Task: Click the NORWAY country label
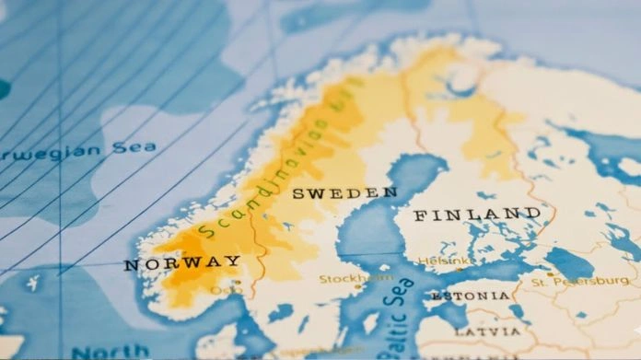[x=182, y=263]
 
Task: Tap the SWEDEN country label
[x=344, y=193]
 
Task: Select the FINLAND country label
[x=476, y=215]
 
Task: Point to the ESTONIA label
[x=470, y=296]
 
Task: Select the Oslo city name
[x=226, y=290]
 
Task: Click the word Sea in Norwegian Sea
[x=134, y=148]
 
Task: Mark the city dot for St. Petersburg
[x=550, y=273]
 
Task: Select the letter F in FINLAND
[x=420, y=217]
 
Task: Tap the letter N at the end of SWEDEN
[x=390, y=192]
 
